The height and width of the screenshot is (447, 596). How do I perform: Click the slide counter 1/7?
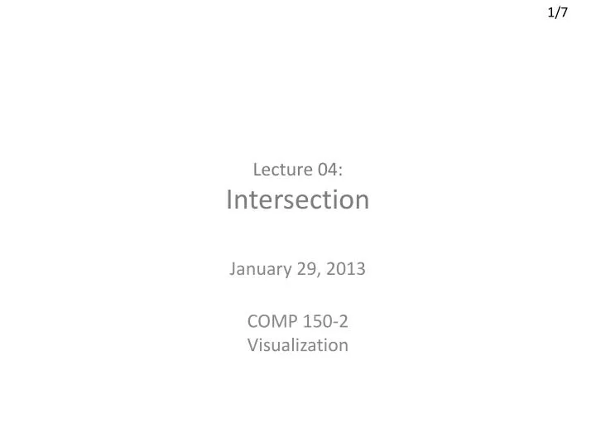[558, 14]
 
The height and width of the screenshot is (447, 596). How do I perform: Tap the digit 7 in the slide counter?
[565, 14]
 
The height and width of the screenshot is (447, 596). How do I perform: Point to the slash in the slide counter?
[558, 14]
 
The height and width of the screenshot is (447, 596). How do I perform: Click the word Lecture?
[281, 170]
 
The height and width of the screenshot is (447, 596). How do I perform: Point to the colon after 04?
[340, 171]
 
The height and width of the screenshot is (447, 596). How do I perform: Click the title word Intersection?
[298, 199]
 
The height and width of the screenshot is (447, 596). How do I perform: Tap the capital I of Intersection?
[229, 199]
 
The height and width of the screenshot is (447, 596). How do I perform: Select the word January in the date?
[259, 269]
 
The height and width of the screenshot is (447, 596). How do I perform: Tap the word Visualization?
[298, 345]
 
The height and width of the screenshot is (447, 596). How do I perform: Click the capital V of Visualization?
[252, 345]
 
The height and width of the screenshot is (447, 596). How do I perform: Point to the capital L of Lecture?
[256, 170]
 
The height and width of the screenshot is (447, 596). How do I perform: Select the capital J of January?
[231, 269]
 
